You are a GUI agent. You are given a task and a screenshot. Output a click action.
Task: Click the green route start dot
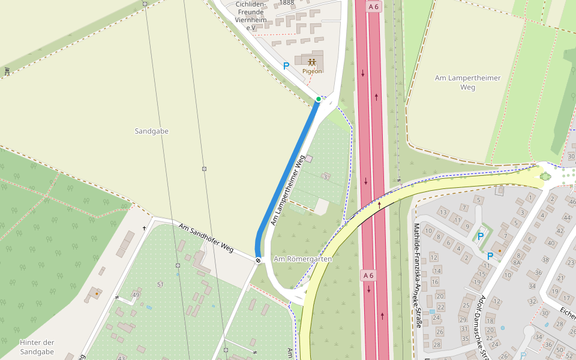(x=318, y=99)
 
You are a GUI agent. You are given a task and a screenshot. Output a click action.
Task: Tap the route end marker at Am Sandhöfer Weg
(x=258, y=260)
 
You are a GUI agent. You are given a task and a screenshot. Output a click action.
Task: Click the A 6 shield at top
(x=373, y=7)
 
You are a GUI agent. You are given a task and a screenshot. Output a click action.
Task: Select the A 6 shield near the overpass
(x=368, y=275)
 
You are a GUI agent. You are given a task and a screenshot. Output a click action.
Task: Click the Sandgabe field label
(x=152, y=131)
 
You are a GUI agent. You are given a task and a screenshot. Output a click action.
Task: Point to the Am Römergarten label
(x=302, y=259)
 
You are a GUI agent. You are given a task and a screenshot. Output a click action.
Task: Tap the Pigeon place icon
(x=312, y=62)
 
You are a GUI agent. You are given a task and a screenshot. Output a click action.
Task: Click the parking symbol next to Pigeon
(x=286, y=66)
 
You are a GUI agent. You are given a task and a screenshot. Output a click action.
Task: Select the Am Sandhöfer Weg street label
(x=206, y=238)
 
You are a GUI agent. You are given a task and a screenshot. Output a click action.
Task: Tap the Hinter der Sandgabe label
(x=37, y=347)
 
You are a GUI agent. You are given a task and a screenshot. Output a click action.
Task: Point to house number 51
(x=160, y=284)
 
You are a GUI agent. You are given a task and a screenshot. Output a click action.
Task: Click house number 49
(x=136, y=295)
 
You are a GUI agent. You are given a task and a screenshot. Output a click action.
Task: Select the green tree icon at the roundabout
(x=545, y=176)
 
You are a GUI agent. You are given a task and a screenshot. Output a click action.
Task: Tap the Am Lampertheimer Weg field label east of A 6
(x=467, y=83)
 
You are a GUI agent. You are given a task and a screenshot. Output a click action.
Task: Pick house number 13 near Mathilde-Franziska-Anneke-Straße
(x=443, y=212)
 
